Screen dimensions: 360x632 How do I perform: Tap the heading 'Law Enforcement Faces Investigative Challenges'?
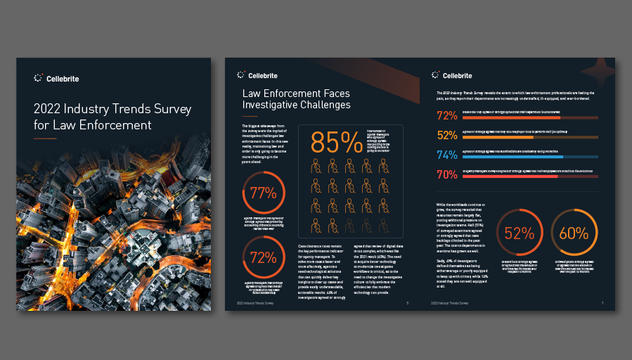[x=296, y=99]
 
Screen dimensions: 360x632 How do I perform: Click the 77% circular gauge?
[x=263, y=193]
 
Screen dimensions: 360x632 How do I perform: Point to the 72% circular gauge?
[x=263, y=257]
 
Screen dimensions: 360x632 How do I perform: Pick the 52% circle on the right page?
[x=520, y=233]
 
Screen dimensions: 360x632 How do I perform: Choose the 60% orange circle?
[x=574, y=233]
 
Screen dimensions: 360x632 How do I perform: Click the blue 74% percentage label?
[x=447, y=155]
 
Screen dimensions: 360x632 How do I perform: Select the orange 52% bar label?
[x=447, y=135]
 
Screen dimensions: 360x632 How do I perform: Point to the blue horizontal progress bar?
[x=531, y=157]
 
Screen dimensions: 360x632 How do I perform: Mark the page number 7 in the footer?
[x=602, y=303]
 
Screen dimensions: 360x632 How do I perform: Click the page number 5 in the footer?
[x=408, y=303]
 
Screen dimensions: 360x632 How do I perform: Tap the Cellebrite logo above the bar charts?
[x=453, y=75]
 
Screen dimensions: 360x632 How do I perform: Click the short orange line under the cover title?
[x=45, y=139]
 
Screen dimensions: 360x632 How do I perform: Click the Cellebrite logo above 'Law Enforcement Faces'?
[x=257, y=75]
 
